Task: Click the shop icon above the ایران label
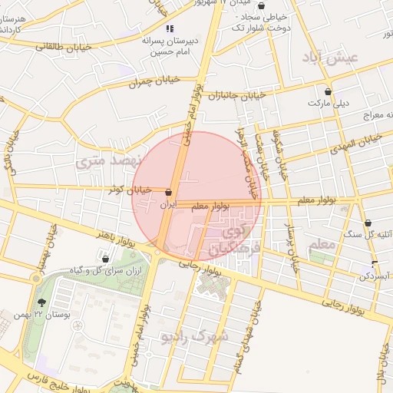coord(168,192)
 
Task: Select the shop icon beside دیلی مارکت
coord(328,90)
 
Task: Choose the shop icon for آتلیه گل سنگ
coord(368,223)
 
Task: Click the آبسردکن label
coord(376,275)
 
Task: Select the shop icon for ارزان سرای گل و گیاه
coord(105,259)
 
